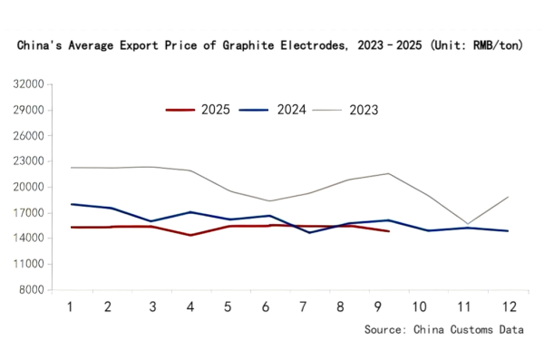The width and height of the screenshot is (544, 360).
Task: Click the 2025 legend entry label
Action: (215, 110)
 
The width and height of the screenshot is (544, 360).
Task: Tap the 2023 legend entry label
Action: (363, 110)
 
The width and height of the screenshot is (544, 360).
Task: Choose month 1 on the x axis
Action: (70, 306)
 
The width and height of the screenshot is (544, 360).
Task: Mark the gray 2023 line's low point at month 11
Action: (467, 224)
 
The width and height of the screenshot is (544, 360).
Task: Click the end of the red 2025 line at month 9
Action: (388, 231)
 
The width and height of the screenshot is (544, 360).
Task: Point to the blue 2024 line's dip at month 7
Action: (308, 233)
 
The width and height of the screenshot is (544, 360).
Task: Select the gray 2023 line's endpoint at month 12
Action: (507, 197)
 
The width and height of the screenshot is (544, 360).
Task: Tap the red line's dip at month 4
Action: (189, 235)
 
